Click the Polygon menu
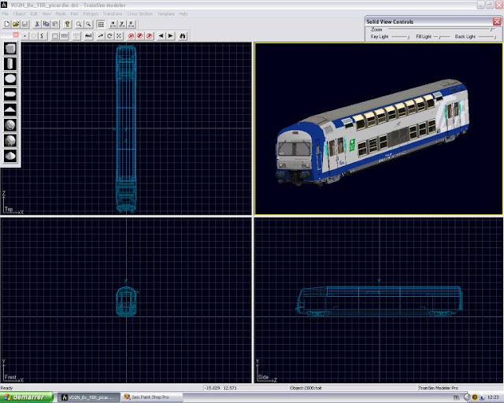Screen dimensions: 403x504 [x=91, y=14]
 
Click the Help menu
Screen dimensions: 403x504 [x=183, y=14]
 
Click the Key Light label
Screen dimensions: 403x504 [x=380, y=36]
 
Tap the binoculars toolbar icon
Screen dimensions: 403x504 [x=183, y=35]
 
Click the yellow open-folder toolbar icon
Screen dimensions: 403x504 [x=16, y=24]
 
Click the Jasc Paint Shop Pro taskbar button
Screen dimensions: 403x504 [x=148, y=397]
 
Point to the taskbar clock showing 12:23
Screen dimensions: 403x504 [x=492, y=397]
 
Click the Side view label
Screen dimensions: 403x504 [x=263, y=378]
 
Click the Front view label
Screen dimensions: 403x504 [x=10, y=378]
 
